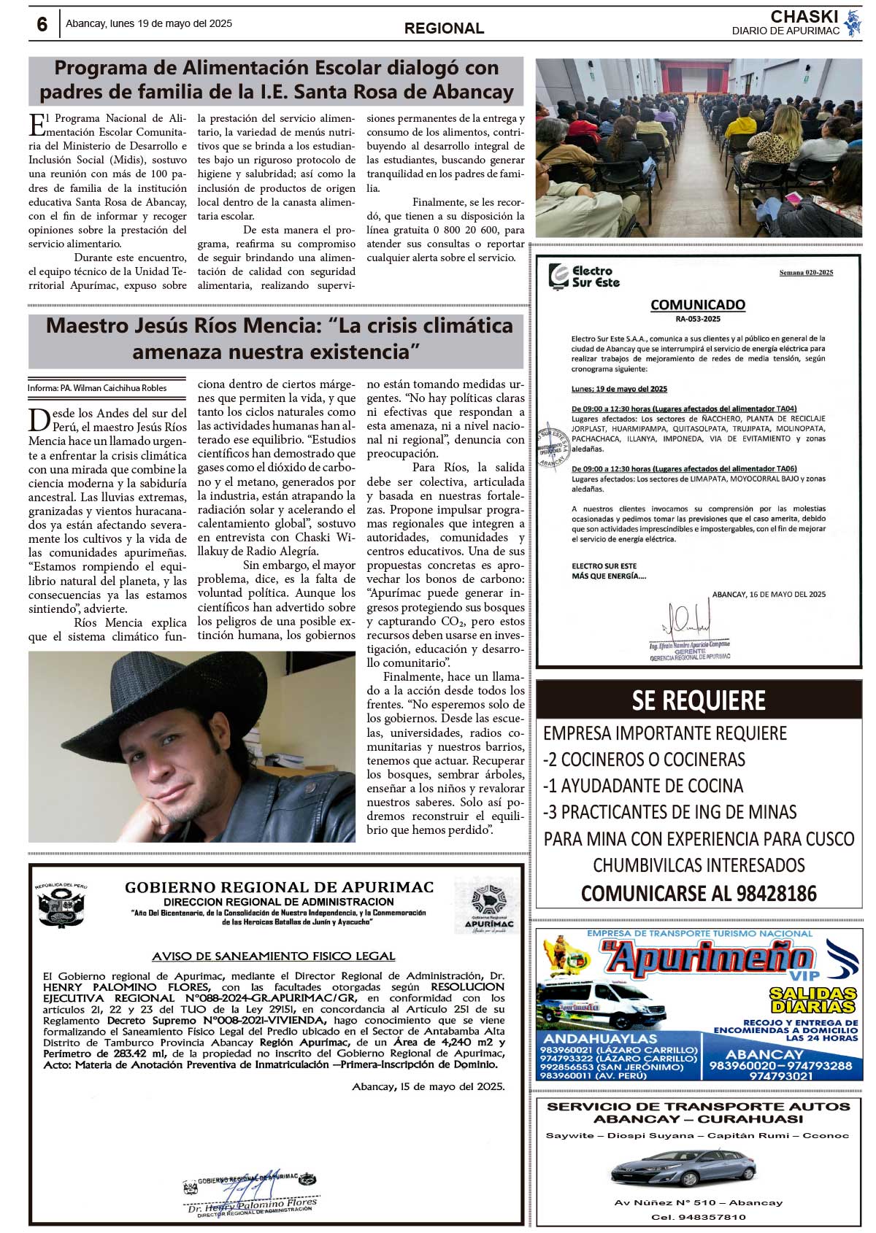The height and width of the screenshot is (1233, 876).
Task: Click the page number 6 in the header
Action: click(42, 24)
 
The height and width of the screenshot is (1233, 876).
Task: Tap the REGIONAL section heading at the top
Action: click(444, 28)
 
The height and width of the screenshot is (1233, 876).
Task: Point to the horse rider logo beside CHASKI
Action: click(852, 23)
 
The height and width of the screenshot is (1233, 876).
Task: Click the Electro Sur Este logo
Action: click(585, 277)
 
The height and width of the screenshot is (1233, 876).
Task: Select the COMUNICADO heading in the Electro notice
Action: click(698, 305)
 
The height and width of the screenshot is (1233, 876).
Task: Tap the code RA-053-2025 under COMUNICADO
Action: click(698, 319)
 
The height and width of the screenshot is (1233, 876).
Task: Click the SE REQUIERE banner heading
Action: click(699, 700)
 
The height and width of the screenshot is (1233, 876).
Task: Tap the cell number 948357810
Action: click(699, 1217)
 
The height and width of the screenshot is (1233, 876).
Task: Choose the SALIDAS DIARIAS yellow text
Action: click(812, 1000)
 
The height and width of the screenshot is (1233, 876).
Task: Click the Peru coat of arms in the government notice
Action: click(61, 906)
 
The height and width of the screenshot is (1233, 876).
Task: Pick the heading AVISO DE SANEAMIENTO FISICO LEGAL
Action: click(274, 956)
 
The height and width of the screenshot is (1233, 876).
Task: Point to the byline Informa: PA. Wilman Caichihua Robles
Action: click(97, 388)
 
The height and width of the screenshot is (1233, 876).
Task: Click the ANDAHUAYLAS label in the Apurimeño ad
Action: click(600, 1038)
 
